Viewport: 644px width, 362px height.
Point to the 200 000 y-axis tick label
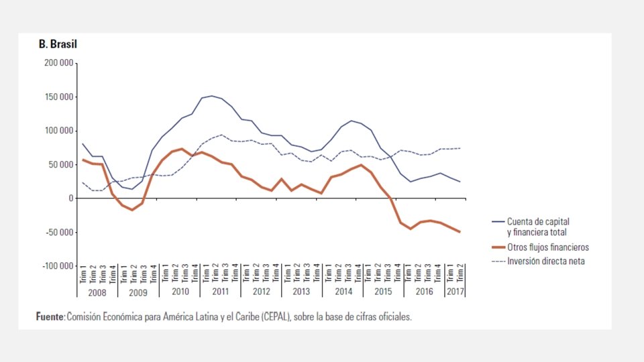[58, 63]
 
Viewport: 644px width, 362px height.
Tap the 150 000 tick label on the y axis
[58, 97]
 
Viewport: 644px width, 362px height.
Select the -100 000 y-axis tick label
[57, 266]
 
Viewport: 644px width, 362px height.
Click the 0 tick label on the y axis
[70, 198]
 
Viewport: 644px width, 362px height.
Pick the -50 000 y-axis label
[59, 233]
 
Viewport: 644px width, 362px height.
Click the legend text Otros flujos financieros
[548, 247]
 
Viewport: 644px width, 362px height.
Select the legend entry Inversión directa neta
[546, 261]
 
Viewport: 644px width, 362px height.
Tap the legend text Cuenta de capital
[542, 221]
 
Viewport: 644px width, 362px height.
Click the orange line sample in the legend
[498, 247]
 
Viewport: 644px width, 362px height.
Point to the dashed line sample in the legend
[498, 261]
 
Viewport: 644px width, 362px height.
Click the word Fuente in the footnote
[50, 316]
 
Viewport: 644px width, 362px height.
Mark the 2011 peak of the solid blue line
[212, 96]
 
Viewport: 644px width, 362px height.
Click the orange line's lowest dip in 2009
[132, 210]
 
